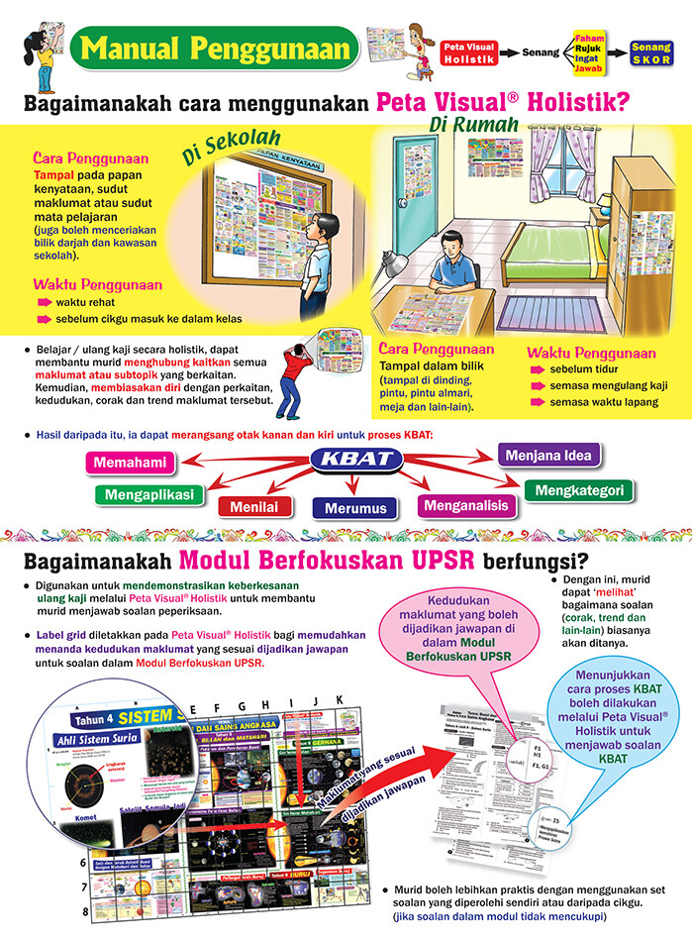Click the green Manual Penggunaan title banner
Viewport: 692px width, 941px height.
[216, 48]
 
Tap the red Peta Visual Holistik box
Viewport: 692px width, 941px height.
[467, 52]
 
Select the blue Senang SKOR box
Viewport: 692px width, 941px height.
[650, 52]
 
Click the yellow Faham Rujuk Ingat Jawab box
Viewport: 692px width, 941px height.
[588, 52]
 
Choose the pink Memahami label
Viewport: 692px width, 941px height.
[131, 462]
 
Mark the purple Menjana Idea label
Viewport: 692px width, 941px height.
[548, 457]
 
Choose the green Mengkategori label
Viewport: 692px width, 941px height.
[579, 489]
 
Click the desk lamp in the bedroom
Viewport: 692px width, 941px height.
[394, 262]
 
